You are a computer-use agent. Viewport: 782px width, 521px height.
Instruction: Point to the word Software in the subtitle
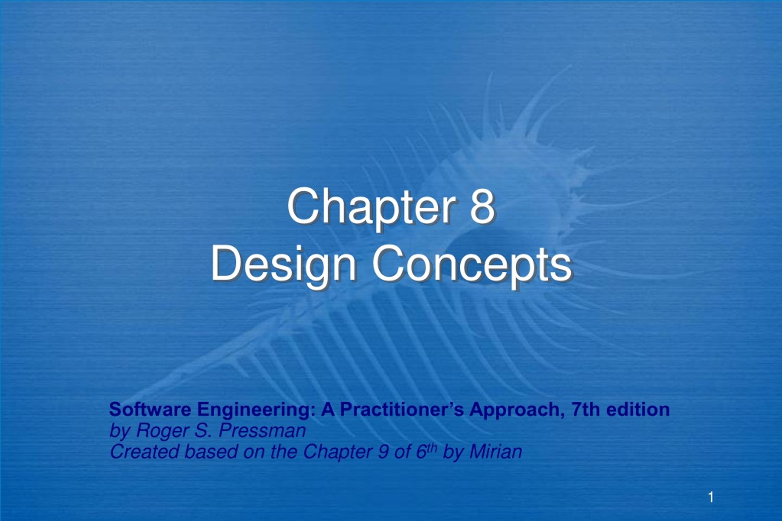click(x=150, y=409)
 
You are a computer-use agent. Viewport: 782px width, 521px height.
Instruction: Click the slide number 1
click(x=711, y=497)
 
